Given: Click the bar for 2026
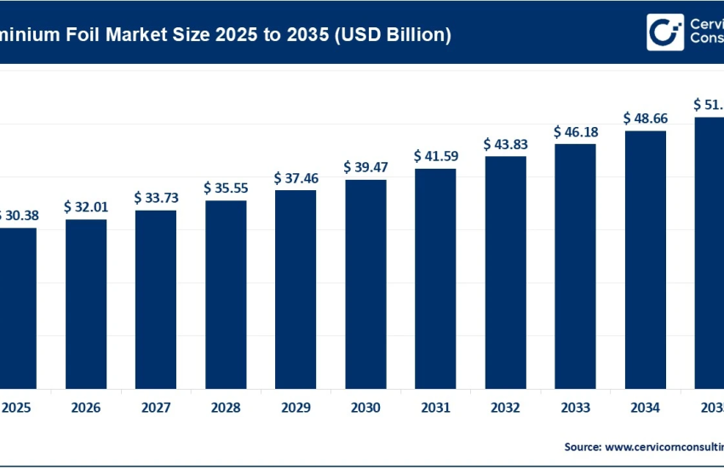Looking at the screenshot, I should click(86, 304).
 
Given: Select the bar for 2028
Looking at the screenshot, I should click(226, 294).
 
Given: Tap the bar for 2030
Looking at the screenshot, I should click(365, 284).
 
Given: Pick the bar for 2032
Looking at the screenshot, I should click(505, 272).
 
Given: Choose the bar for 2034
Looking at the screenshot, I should click(645, 259).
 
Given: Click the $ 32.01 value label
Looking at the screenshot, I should click(86, 206).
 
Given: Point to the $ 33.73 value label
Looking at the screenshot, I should click(156, 197).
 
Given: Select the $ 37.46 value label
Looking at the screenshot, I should click(296, 177).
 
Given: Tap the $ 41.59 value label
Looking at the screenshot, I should click(435, 156).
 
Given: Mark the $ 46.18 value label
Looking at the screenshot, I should click(575, 132).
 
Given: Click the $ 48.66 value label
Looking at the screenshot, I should click(645, 118).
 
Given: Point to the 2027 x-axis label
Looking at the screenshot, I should click(156, 408).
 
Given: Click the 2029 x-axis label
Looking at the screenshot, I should click(296, 408).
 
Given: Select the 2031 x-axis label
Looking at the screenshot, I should click(435, 408).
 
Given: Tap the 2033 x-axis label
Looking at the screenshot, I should click(575, 408).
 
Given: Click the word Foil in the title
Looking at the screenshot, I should click(89, 35).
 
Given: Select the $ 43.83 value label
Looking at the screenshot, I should click(505, 144).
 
